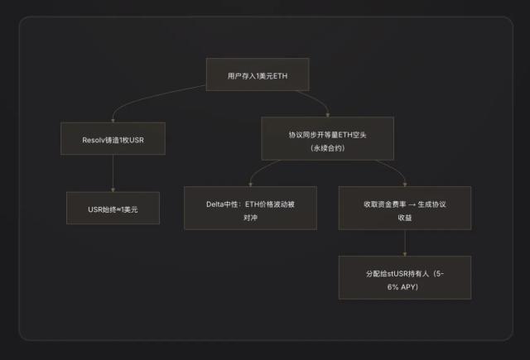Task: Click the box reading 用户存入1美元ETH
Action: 258,74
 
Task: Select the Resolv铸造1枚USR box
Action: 113,138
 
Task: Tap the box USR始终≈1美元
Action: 113,208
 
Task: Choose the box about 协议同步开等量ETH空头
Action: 328,138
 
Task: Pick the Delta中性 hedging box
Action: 250,208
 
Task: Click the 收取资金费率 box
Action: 405,208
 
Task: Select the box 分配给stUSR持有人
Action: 405,277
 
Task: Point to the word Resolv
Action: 94,140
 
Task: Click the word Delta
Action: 214,204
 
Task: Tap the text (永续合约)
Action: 328,148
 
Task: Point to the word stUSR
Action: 397,274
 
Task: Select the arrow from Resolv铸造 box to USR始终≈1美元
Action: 113,173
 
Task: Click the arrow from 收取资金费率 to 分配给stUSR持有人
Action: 405,242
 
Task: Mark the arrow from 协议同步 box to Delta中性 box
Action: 259,170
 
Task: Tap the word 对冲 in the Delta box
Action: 250,218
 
